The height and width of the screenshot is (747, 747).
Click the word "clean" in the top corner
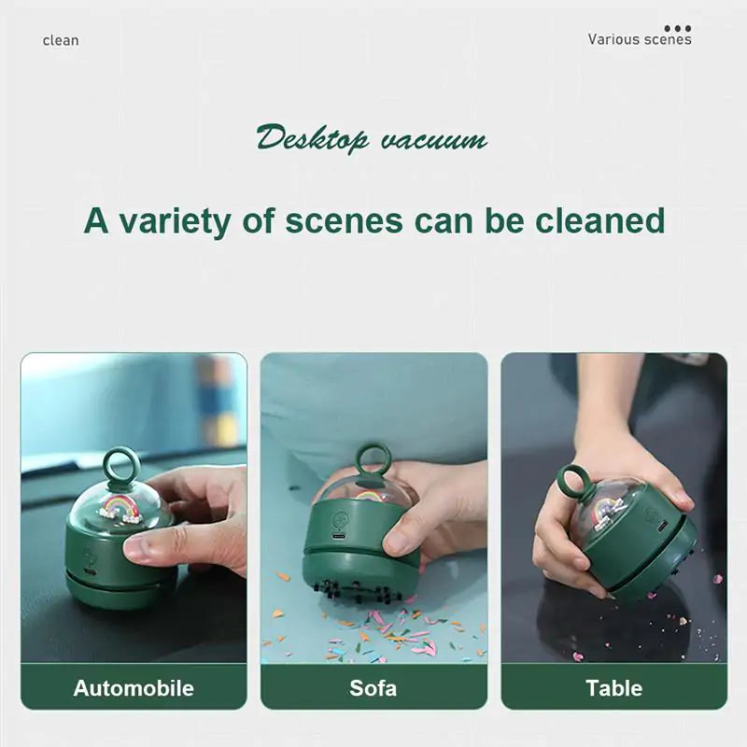[61, 40]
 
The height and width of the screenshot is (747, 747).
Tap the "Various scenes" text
[640, 39]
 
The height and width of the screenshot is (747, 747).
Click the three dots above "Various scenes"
[678, 29]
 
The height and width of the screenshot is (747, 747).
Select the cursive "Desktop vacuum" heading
[372, 139]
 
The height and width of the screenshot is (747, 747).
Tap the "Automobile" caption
[134, 688]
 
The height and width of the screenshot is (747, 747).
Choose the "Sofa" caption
[373, 688]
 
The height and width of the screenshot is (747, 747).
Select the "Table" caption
[613, 688]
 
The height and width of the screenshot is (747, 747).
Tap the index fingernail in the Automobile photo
[137, 548]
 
